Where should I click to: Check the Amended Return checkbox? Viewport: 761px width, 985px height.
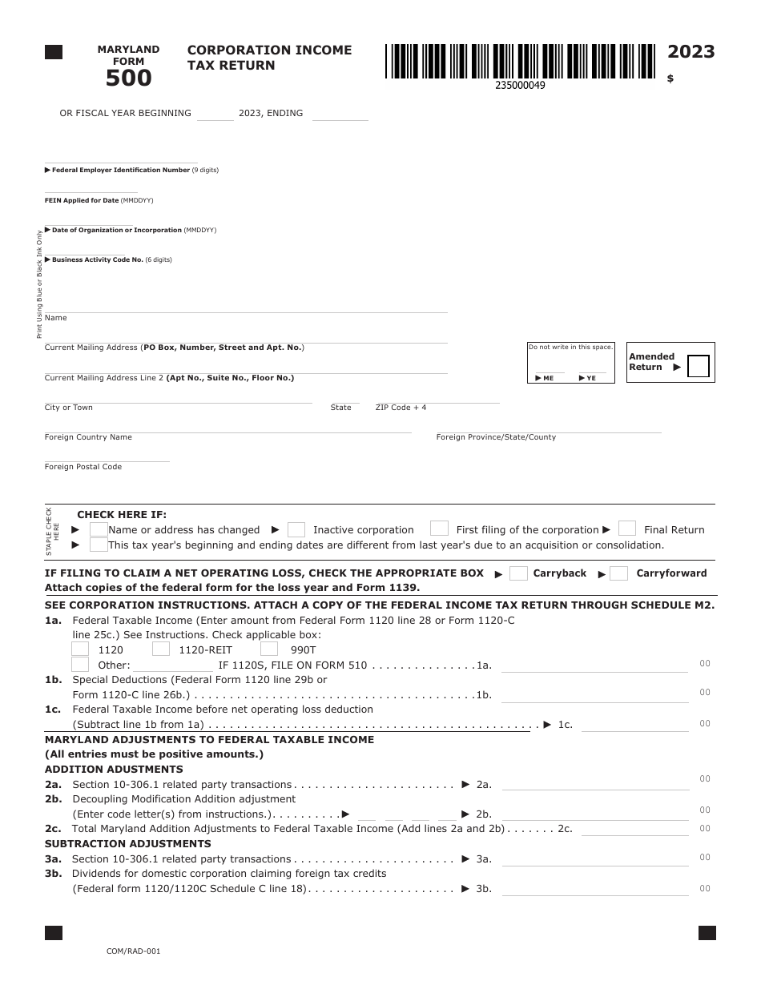[699, 367]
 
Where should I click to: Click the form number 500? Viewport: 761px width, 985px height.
[129, 78]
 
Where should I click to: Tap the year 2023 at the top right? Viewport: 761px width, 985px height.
[691, 52]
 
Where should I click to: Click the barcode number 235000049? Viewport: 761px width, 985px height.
[520, 85]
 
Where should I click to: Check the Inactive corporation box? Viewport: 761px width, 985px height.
[296, 529]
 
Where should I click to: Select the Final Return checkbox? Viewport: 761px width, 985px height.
[627, 529]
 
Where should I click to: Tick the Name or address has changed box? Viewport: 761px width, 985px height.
[99, 529]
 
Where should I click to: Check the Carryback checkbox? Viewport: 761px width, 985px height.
[518, 573]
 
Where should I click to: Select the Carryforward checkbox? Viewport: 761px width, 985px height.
[618, 573]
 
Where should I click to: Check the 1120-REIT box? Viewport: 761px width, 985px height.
[161, 649]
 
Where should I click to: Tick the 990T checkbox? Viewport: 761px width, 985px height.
[269, 649]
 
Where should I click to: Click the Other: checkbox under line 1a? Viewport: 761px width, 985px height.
[80, 665]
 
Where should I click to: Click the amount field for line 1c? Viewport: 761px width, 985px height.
[634, 725]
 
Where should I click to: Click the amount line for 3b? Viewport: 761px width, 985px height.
[594, 889]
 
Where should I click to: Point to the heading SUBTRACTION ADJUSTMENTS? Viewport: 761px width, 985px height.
[128, 844]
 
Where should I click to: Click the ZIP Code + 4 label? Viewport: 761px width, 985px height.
[401, 408]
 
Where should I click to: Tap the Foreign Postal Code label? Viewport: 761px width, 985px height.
[83, 467]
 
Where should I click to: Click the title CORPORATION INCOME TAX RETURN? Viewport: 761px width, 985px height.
[269, 58]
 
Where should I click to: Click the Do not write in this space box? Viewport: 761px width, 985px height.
[570, 363]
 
